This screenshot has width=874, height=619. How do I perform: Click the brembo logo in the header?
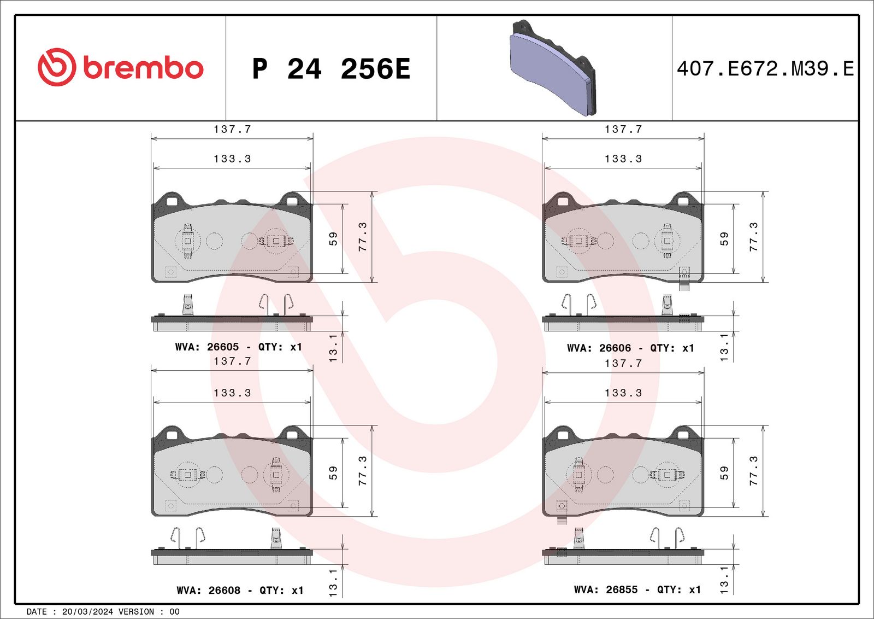click(x=120, y=67)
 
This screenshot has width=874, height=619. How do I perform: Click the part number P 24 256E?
click(x=330, y=69)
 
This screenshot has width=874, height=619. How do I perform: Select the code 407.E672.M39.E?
click(x=765, y=69)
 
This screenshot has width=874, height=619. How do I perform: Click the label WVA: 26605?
click(x=207, y=347)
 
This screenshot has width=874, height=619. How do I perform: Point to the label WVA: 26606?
click(x=599, y=348)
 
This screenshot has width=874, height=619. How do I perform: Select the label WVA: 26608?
click(x=208, y=591)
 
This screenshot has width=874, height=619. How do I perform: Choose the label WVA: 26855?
click(x=605, y=590)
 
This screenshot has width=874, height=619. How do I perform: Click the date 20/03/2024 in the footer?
click(x=87, y=612)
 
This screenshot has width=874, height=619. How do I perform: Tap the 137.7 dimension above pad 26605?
click(x=232, y=130)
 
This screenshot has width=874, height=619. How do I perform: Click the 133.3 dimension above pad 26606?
click(x=623, y=159)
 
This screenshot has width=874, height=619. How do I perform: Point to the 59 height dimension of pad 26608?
click(x=333, y=473)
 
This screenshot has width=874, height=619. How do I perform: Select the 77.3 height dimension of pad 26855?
click(x=753, y=471)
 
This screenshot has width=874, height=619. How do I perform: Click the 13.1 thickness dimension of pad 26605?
click(x=333, y=348)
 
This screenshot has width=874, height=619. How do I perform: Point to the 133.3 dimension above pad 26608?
click(x=232, y=393)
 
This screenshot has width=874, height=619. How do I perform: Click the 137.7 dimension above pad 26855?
click(x=623, y=364)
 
